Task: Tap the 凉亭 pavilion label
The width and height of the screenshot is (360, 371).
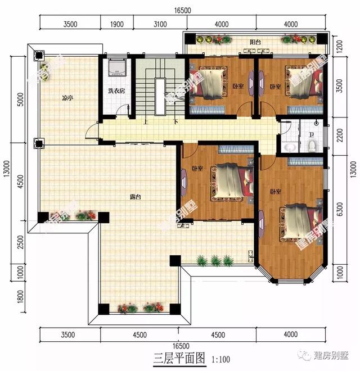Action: [67, 97]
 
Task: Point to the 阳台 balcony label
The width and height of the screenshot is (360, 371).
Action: [256, 42]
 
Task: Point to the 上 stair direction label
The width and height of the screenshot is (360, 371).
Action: [146, 121]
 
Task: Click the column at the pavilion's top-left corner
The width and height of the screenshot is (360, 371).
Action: [39, 55]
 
